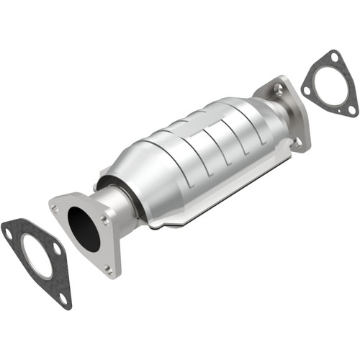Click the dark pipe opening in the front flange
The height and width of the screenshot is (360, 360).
pyautogui.click(x=84, y=229)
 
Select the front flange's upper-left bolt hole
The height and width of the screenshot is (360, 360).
pyautogui.click(x=55, y=207)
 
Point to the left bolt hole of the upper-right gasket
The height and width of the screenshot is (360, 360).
pyautogui.click(x=307, y=90)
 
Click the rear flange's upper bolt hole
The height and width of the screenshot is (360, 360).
pyautogui.click(x=278, y=89)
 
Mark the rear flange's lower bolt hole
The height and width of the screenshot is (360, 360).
pyautogui.click(x=297, y=142)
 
